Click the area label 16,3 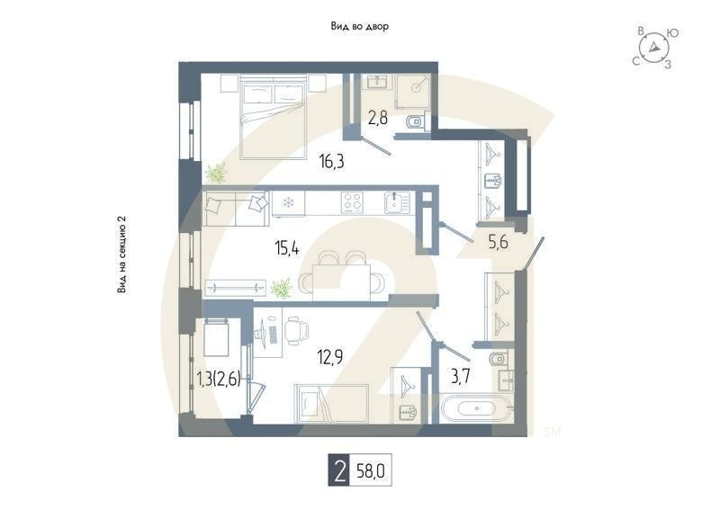tap(332, 163)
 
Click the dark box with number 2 tap(338, 470)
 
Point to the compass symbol tap(655, 47)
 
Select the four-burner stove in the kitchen tap(352, 201)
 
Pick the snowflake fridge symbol tap(288, 201)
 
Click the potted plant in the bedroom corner tap(216, 171)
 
